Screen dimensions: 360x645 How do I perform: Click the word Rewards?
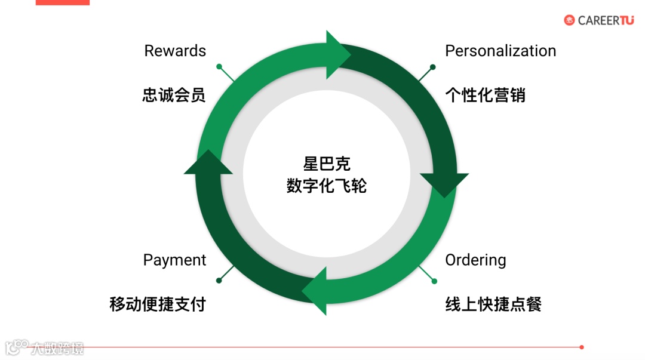pyautogui.click(x=175, y=51)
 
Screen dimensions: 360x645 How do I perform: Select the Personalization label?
pyautogui.click(x=500, y=51)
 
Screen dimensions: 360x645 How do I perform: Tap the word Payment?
pyautogui.click(x=174, y=260)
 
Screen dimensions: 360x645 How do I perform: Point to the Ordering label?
pyautogui.click(x=475, y=260)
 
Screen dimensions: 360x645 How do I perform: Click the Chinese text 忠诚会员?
pyautogui.click(x=174, y=95)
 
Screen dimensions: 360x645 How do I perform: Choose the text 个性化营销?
pyautogui.click(x=485, y=95)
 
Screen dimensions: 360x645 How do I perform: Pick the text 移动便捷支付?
pyautogui.click(x=158, y=304)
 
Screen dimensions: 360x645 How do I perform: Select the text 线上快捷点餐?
pyautogui.click(x=493, y=304)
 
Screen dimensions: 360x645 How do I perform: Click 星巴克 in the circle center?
pyautogui.click(x=326, y=164)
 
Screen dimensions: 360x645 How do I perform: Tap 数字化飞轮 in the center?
pyautogui.click(x=326, y=186)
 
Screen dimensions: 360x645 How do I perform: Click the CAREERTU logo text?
pyautogui.click(x=606, y=20)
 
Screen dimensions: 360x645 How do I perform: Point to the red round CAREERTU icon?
pyautogui.click(x=569, y=20)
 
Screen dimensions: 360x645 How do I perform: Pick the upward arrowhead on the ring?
pyautogui.click(x=208, y=162)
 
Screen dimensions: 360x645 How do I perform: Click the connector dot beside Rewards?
pyautogui.click(x=219, y=66)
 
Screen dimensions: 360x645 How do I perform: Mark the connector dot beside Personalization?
pyautogui.click(x=433, y=67)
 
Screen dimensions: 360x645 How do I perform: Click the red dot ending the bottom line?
pyautogui.click(x=582, y=347)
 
